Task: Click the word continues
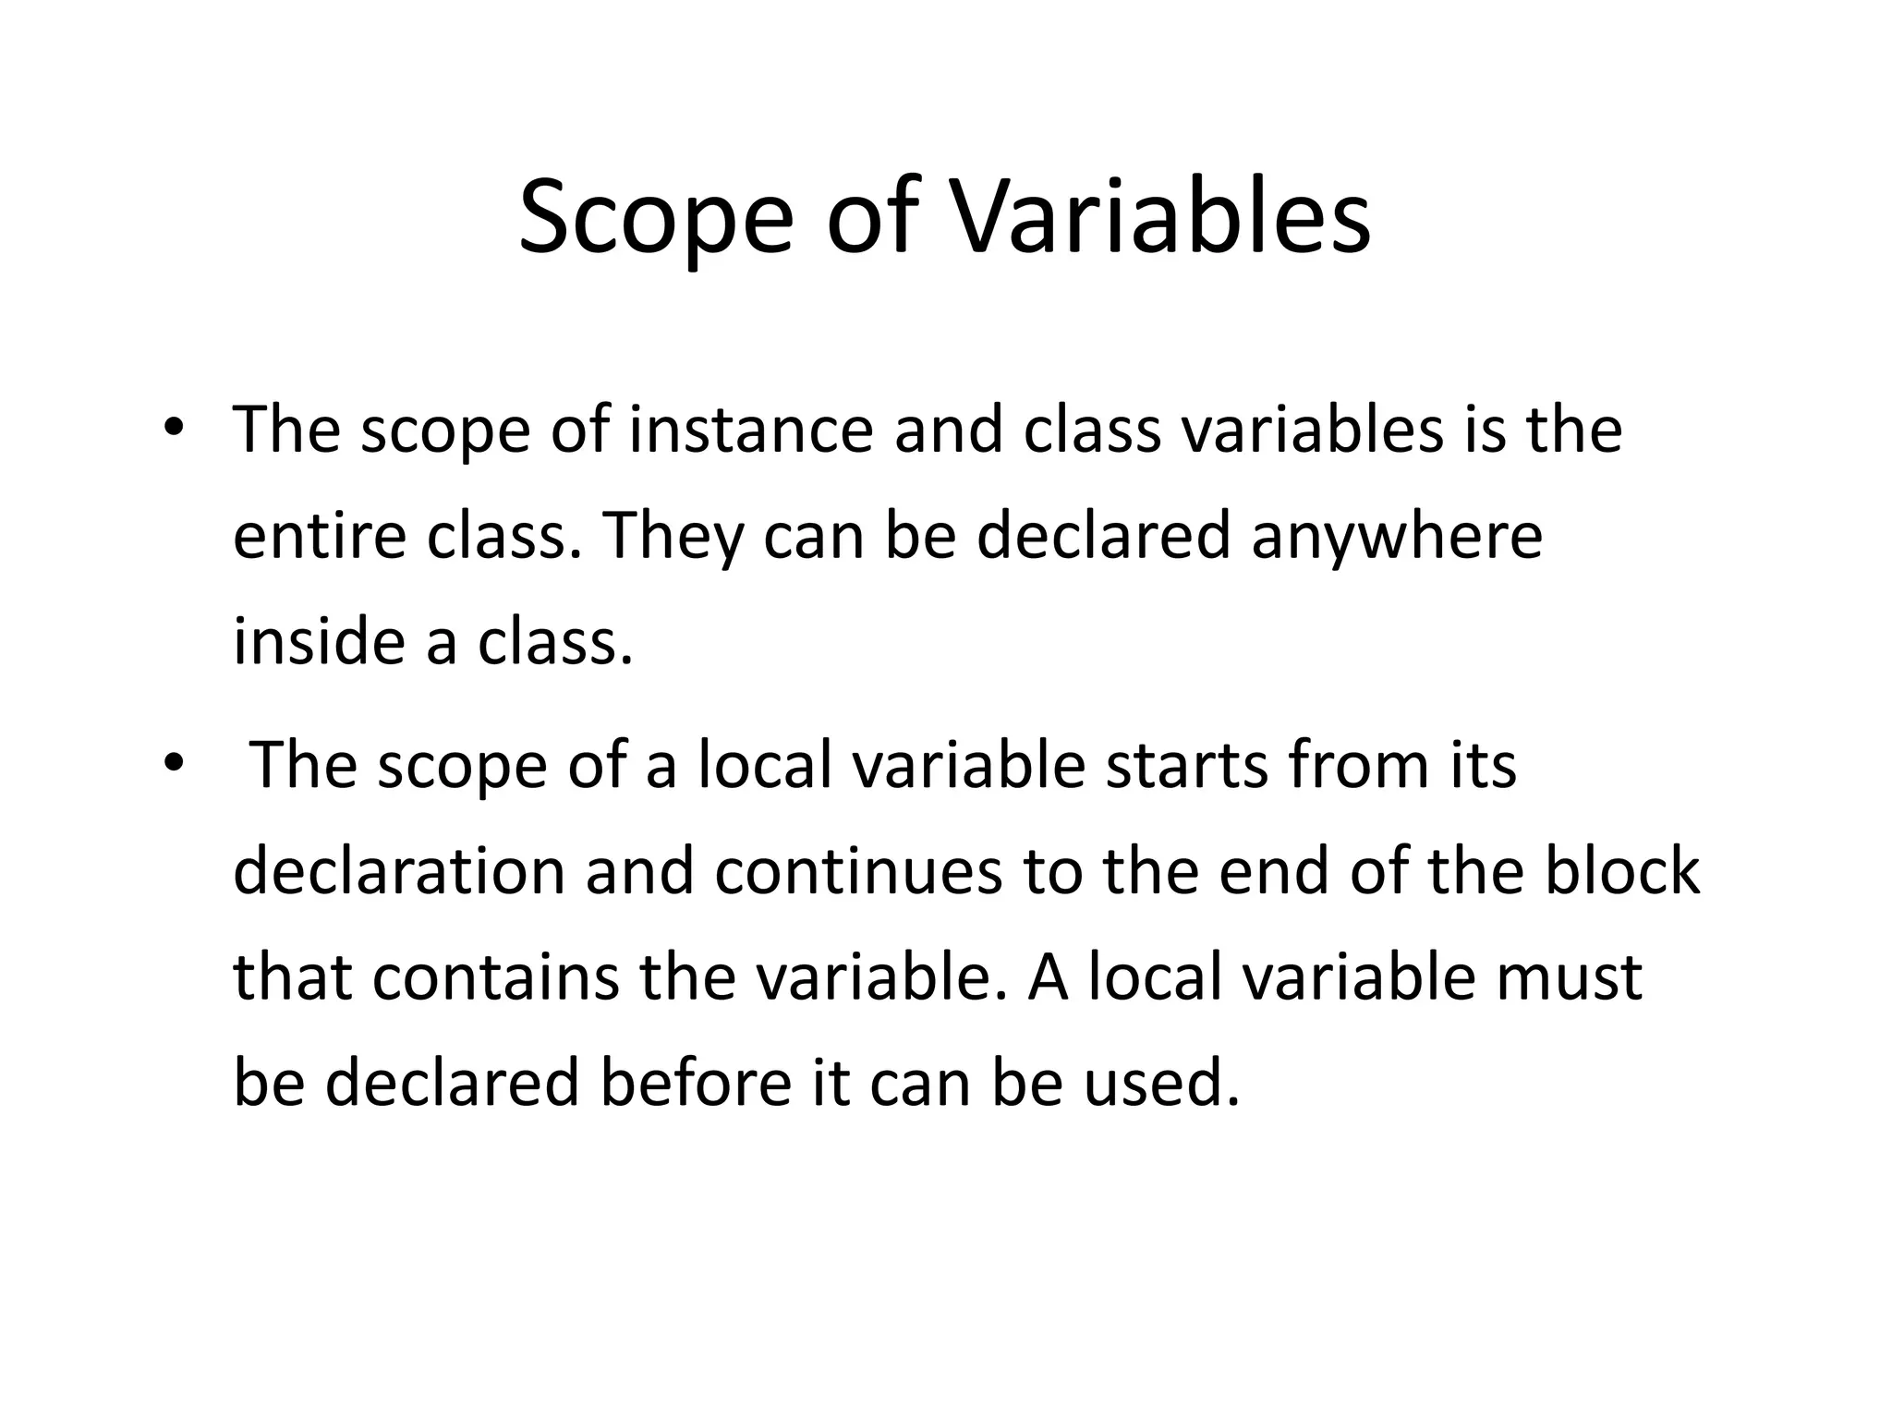point(858,871)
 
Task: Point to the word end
point(1275,871)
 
